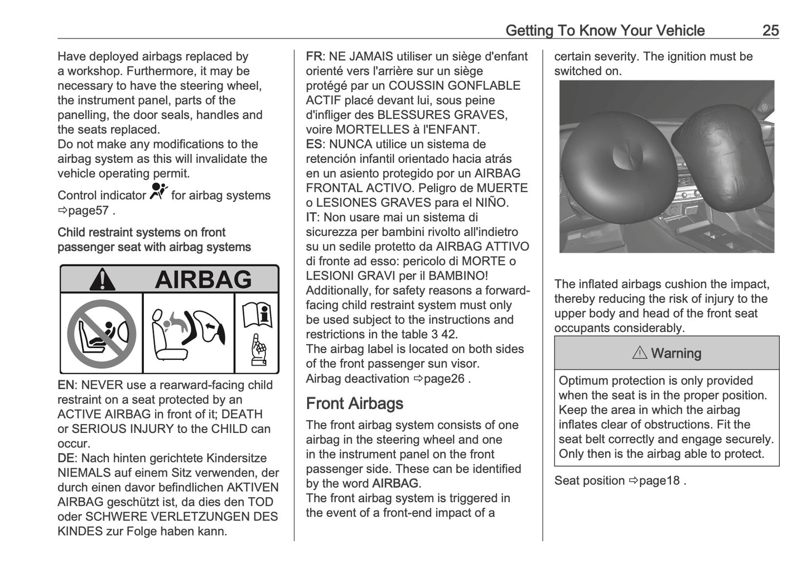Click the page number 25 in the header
point(770,30)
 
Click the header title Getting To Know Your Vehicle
point(605,30)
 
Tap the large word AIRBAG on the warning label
point(203,280)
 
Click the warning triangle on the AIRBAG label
point(102,280)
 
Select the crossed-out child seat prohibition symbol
point(102,334)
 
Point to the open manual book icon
point(257,315)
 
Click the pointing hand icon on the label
point(258,350)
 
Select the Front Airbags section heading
point(354,403)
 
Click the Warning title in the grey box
point(667,353)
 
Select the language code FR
point(313,56)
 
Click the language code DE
point(65,458)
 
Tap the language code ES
point(313,144)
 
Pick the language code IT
point(311,217)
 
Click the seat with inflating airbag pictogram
point(188,334)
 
